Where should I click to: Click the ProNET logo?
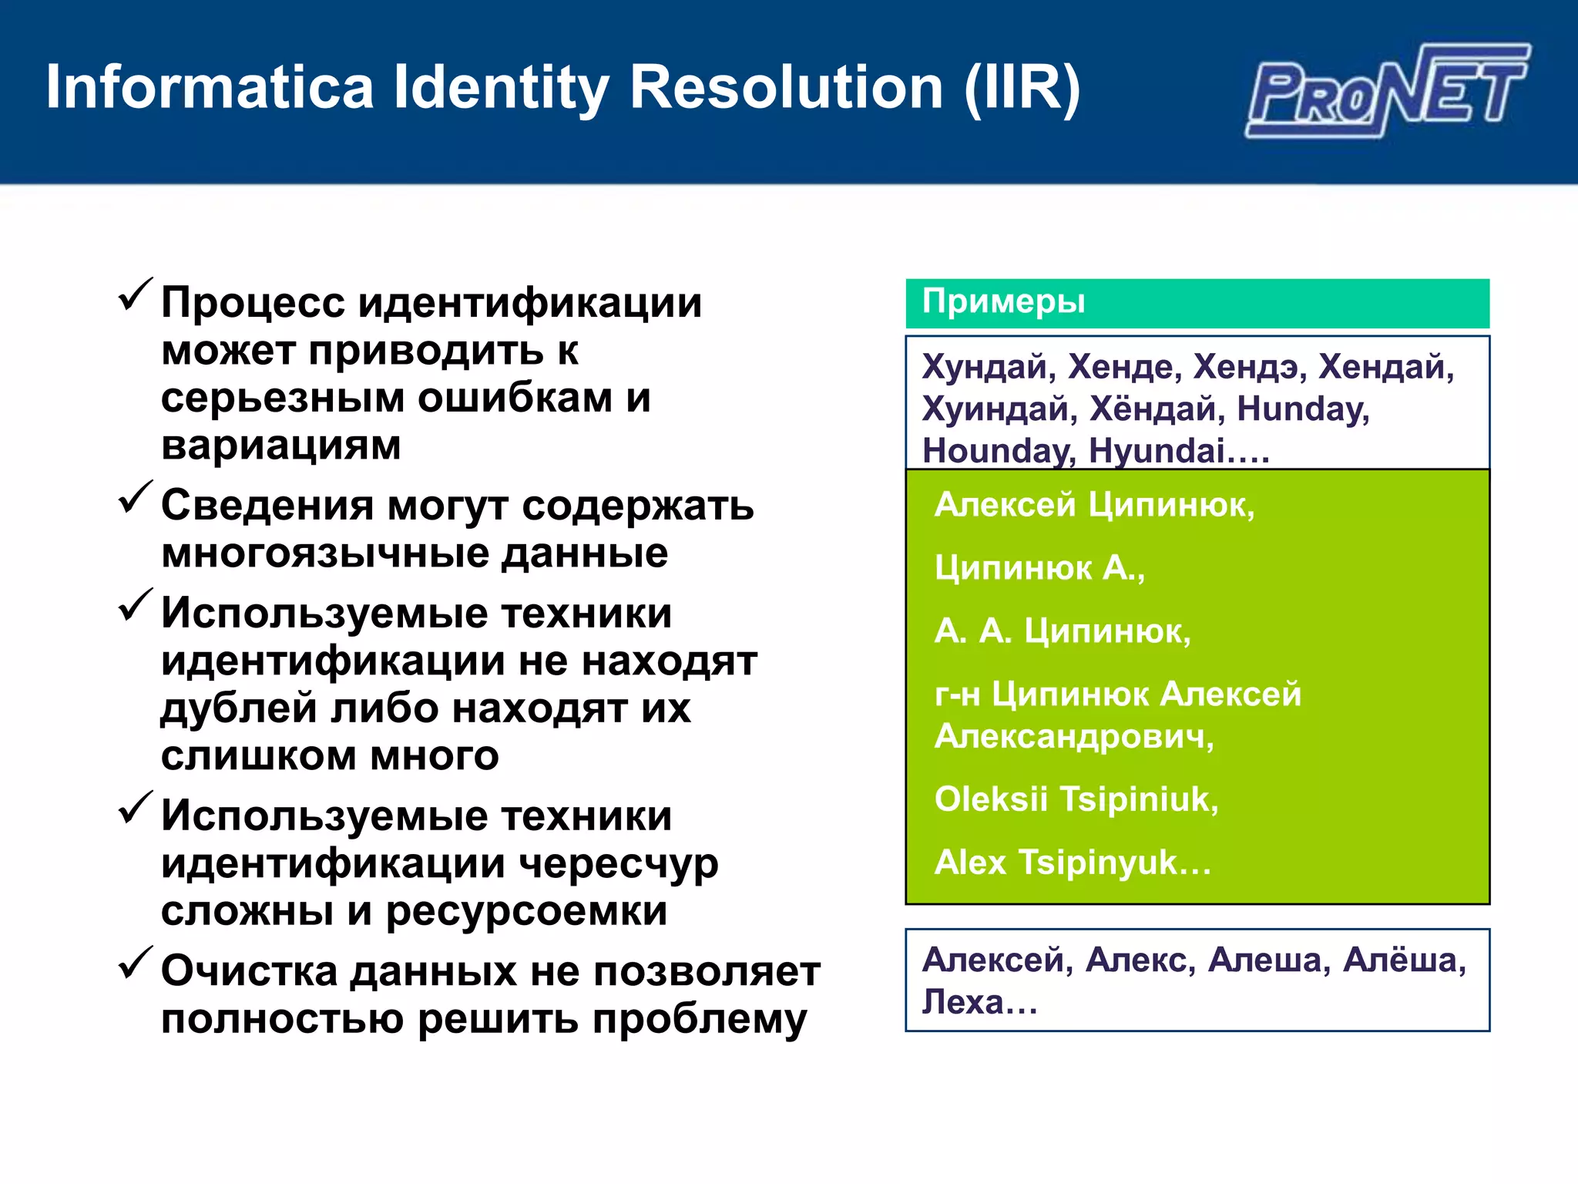point(1387,91)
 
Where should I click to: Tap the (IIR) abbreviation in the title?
point(1022,88)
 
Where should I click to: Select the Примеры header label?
point(1003,301)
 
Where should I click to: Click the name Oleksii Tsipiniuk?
point(1076,799)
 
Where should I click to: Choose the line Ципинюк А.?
point(1039,568)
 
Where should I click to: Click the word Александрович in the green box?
point(1073,736)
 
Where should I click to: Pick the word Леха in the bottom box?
point(964,1002)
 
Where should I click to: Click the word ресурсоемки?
point(526,911)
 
